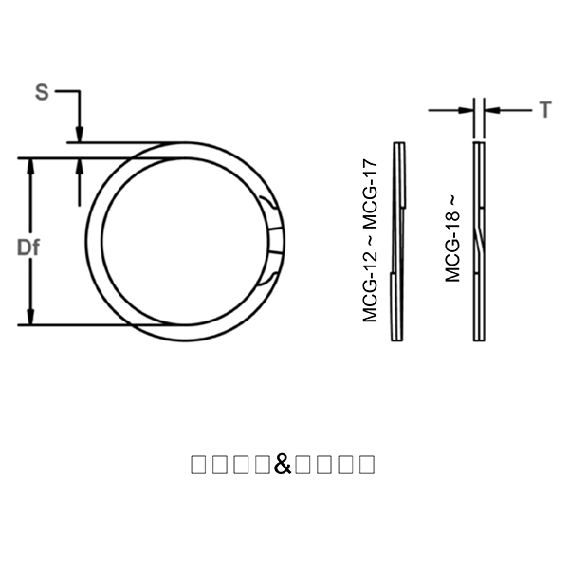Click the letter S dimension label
point(42,92)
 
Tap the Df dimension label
point(29,248)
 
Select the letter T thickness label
point(545,111)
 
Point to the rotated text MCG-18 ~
point(452,238)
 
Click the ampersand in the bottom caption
point(284,464)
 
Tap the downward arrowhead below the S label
point(81,136)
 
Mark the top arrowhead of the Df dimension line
point(31,166)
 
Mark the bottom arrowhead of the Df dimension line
point(31,318)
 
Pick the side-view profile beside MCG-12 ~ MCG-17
point(397,242)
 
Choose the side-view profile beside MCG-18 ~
point(479,242)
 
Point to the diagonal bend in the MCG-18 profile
point(480,237)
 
